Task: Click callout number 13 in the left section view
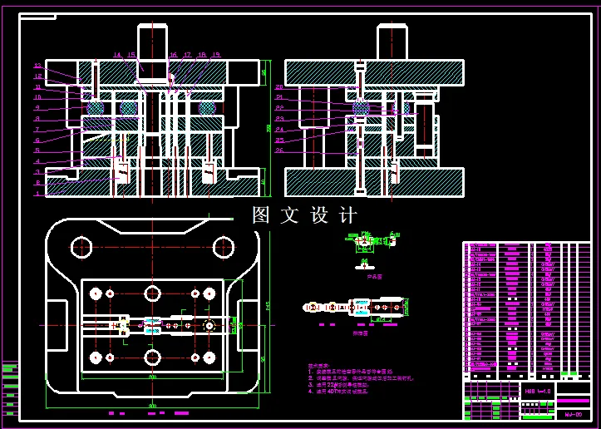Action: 37,66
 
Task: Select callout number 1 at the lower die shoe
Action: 37,193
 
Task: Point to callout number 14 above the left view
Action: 117,55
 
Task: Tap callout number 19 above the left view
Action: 215,55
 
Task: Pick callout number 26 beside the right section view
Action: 279,150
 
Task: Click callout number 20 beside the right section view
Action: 279,86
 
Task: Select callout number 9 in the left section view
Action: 37,108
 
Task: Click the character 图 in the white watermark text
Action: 263,215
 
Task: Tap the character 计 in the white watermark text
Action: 347,215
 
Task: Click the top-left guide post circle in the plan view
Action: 81,247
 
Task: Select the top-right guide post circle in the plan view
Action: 223,247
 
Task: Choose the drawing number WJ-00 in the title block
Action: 573,413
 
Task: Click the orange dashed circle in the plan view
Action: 209,325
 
